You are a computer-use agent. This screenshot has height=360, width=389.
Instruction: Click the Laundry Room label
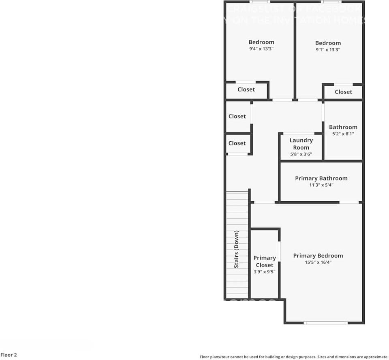tap(301, 144)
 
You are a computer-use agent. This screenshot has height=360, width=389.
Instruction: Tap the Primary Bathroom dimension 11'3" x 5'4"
tap(321, 185)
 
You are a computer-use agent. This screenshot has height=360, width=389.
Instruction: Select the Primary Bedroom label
tap(318, 256)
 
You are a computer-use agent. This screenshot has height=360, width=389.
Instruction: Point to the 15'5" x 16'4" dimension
tap(318, 262)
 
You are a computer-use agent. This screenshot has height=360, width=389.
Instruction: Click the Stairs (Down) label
tap(236, 249)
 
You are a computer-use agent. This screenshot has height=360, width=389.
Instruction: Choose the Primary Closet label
tap(265, 261)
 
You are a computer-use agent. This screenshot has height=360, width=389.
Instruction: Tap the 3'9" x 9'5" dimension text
tap(265, 272)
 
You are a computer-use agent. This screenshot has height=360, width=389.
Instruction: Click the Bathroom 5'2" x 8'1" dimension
tap(343, 134)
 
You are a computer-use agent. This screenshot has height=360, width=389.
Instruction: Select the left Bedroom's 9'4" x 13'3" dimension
tap(261, 49)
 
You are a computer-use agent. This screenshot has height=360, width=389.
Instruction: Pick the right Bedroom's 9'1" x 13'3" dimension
tap(328, 50)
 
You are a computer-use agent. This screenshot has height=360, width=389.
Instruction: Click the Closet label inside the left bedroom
tap(246, 89)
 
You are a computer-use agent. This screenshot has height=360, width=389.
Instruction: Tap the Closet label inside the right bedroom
tap(343, 92)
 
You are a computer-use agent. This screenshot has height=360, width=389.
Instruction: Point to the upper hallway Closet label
tap(237, 116)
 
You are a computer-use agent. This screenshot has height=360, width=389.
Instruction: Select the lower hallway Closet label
tap(237, 143)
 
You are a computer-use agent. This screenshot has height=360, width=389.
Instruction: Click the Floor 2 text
tap(9, 355)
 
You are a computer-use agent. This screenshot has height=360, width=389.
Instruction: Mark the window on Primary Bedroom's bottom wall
tap(325, 323)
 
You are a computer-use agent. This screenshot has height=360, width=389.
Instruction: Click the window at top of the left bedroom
tap(260, 2)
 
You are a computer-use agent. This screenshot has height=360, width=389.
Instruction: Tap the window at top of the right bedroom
tap(331, 2)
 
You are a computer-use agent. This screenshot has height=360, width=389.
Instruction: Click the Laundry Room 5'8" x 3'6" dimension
tap(301, 154)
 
